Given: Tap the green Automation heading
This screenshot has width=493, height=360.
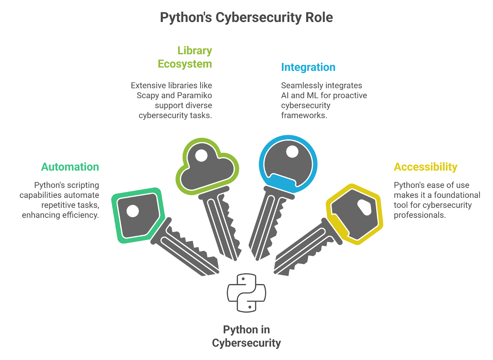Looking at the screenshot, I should point(70,167).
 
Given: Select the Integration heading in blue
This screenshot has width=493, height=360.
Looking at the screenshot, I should point(308,67).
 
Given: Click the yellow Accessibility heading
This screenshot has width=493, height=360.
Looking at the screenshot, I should point(426,167).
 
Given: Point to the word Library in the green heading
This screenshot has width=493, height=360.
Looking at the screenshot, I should point(194,51).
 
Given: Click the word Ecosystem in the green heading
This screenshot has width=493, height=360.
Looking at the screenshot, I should point(185,64).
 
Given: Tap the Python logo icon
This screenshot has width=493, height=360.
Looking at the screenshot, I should point(246,293).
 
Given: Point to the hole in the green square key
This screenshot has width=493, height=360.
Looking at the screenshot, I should point(133,211).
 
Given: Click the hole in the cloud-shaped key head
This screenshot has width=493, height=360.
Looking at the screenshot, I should point(202,155).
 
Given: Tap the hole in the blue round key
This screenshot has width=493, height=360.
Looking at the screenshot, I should point(292,152).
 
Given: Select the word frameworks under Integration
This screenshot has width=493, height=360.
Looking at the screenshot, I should point(304,115).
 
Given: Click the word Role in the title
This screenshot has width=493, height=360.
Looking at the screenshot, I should point(319,18).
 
